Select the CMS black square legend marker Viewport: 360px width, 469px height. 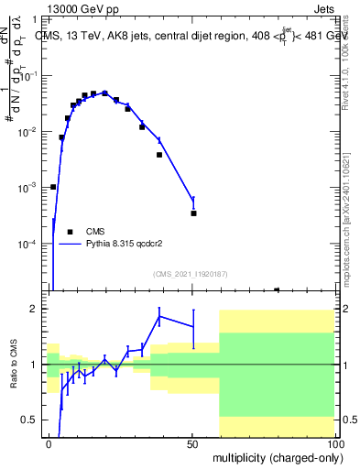(x=70, y=231)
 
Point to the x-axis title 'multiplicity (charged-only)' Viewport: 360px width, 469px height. (x=276, y=456)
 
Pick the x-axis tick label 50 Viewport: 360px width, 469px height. (x=192, y=443)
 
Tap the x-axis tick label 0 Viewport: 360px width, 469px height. (x=49, y=443)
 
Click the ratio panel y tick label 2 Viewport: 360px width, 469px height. (x=35, y=309)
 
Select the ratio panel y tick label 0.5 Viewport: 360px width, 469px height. (x=31, y=420)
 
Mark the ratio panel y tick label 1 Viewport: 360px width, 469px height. (x=35, y=365)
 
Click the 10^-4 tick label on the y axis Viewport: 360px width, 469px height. (x=30, y=244)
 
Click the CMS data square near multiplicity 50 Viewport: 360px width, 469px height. (x=193, y=213)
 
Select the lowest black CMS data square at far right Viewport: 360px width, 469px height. (x=277, y=289)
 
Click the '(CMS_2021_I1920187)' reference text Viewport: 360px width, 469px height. (x=190, y=273)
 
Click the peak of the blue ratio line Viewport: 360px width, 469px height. (x=160, y=316)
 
